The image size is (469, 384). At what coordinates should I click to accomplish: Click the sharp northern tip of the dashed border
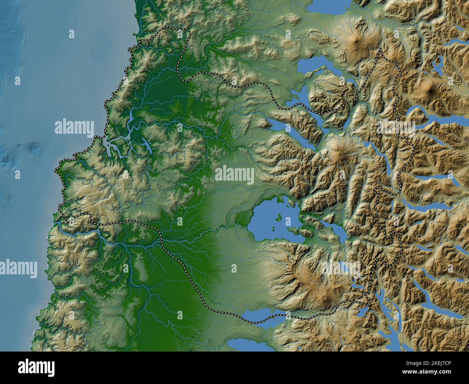pos(380,49)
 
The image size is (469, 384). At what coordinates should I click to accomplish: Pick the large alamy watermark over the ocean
pos(74,127)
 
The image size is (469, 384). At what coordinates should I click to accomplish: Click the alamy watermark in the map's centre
pos(234,175)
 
